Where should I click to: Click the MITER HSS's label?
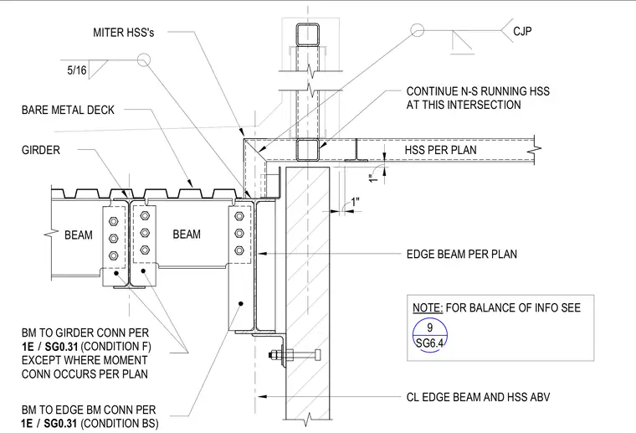[x=123, y=33]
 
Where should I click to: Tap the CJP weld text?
[x=522, y=31]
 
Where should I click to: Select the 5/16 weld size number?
[x=77, y=70]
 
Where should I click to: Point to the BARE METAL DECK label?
[x=68, y=110]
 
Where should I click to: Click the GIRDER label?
[x=40, y=150]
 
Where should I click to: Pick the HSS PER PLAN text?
[x=440, y=150]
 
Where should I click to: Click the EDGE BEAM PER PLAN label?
[x=462, y=254]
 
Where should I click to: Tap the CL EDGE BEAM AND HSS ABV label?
[x=478, y=397]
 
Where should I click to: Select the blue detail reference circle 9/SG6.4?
[x=430, y=335]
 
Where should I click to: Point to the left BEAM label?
[x=79, y=235]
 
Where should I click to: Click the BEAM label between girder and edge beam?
[x=187, y=235]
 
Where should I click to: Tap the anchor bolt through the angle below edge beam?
[x=295, y=355]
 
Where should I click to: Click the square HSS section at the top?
[x=307, y=35]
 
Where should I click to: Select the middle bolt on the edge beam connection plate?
[x=239, y=233]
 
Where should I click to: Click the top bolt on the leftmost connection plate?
[x=114, y=221]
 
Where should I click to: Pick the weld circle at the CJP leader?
[x=417, y=30]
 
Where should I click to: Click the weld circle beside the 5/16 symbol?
[x=144, y=60]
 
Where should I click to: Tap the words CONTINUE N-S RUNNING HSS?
[x=478, y=91]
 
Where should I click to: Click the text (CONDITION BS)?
[x=120, y=424]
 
